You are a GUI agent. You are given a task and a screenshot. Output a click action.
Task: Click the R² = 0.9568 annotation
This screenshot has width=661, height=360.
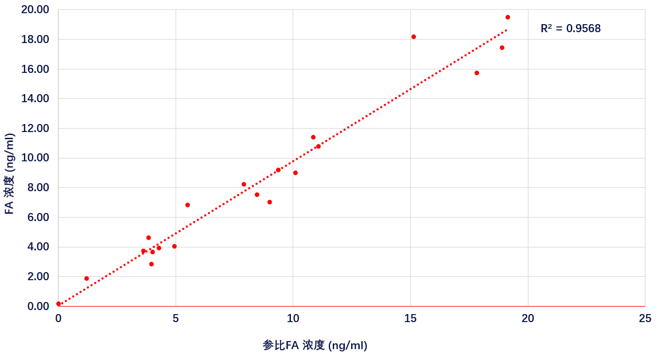click(x=570, y=29)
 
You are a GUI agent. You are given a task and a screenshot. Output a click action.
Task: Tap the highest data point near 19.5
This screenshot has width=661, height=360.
click(x=508, y=17)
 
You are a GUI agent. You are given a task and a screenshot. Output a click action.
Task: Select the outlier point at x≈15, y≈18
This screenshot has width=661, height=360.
click(x=414, y=37)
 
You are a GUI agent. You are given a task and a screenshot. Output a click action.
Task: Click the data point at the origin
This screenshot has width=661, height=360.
click(x=59, y=304)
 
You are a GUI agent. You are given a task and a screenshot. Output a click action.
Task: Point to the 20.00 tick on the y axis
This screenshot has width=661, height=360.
click(x=35, y=10)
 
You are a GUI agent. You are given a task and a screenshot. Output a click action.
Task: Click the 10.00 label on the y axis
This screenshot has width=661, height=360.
click(x=35, y=158)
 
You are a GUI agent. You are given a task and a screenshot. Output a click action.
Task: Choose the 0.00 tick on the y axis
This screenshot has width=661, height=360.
click(x=38, y=306)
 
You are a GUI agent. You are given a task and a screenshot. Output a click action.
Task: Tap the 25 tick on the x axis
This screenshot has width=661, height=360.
click(x=645, y=319)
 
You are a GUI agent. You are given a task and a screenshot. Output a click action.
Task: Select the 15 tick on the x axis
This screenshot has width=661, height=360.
click(x=410, y=319)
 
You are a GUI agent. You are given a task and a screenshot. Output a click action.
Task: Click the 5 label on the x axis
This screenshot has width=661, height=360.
click(x=176, y=319)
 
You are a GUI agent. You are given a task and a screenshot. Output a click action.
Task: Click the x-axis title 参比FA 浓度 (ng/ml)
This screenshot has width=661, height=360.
click(x=315, y=346)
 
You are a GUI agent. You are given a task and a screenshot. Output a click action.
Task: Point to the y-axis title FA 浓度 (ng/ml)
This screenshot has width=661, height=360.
click(x=10, y=174)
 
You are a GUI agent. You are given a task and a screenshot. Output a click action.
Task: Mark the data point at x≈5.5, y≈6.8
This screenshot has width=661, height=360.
click(x=188, y=205)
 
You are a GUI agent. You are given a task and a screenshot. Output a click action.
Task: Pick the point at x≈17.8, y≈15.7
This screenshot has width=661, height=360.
click(x=477, y=73)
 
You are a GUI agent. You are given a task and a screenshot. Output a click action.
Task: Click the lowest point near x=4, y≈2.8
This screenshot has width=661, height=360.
click(x=151, y=264)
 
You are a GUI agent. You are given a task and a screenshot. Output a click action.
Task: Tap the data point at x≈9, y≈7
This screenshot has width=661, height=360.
click(x=270, y=202)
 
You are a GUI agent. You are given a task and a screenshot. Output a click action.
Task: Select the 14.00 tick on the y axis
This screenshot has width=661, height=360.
click(x=35, y=99)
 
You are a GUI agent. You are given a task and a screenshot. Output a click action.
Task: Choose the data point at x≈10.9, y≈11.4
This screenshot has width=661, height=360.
click(x=313, y=137)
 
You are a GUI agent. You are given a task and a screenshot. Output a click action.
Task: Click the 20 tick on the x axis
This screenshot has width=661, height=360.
click(x=528, y=319)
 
